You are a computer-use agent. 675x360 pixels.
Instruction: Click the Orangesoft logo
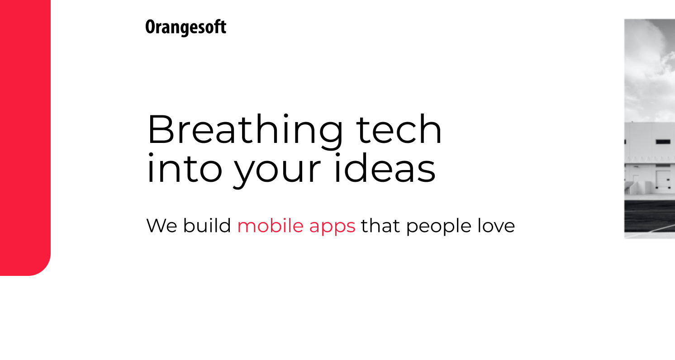(185, 28)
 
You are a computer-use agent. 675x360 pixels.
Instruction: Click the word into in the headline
(185, 167)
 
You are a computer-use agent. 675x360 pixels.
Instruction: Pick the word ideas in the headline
(385, 167)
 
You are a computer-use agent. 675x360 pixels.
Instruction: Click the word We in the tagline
(162, 226)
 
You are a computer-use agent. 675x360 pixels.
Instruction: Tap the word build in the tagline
(207, 225)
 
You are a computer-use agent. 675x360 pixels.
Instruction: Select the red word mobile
(270, 225)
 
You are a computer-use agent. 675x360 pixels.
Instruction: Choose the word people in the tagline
(439, 227)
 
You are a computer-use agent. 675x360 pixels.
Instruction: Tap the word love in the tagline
(496, 225)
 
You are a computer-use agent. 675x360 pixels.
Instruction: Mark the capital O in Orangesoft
(150, 27)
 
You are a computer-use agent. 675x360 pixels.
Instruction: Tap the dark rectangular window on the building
(663, 142)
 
